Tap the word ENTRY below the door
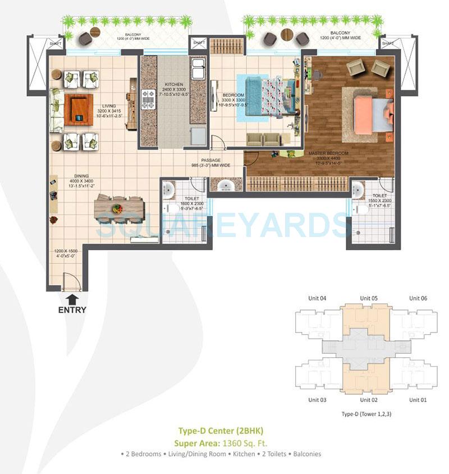(72, 310)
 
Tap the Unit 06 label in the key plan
(418, 298)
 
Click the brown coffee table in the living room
(77, 109)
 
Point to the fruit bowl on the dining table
(117, 208)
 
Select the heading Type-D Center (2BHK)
(221, 431)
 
